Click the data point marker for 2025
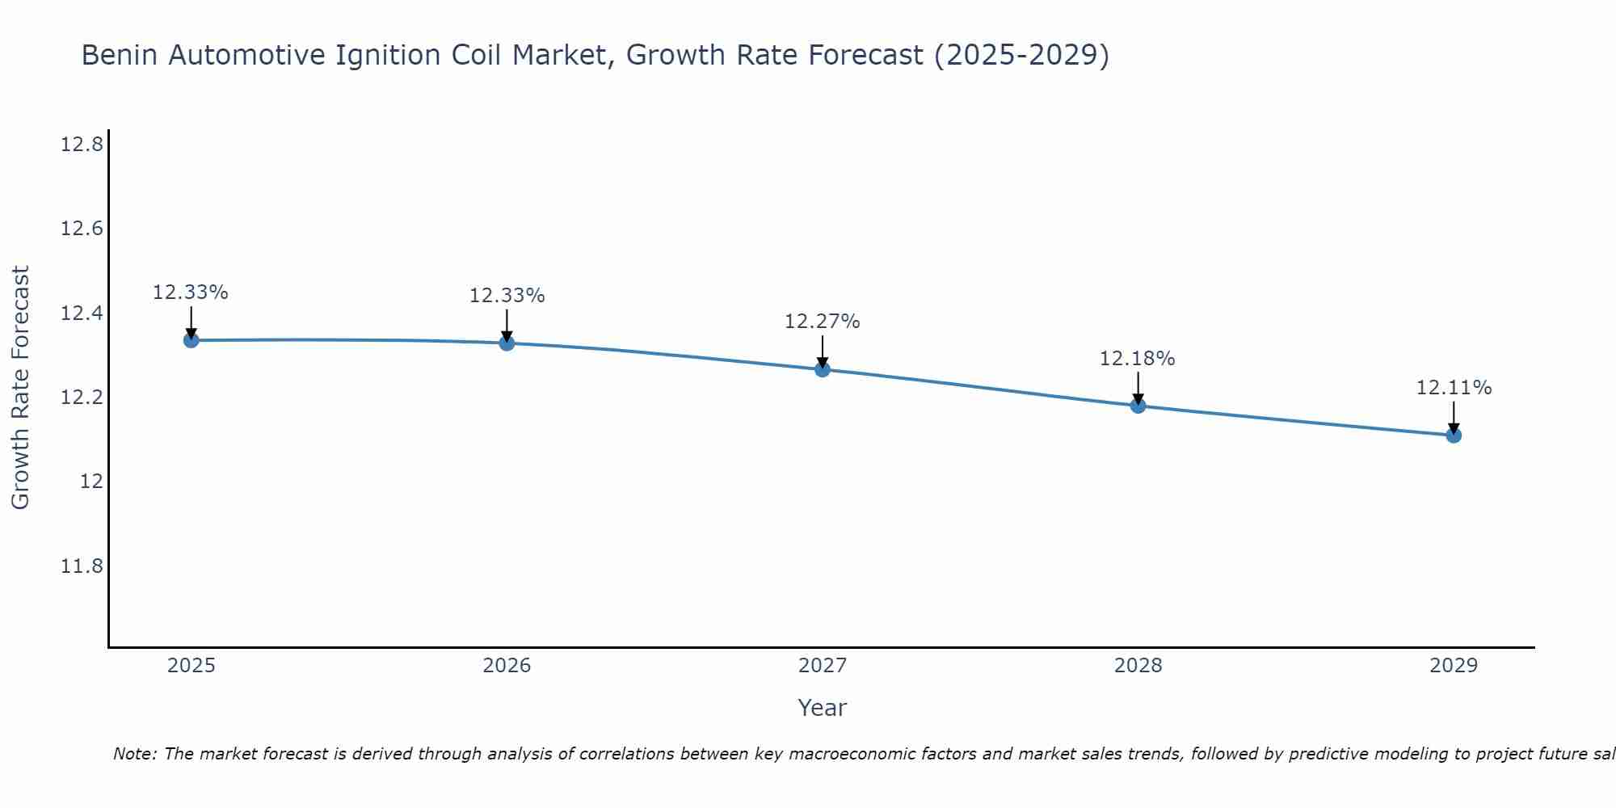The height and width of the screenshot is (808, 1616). (191, 340)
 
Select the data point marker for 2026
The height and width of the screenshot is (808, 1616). (507, 343)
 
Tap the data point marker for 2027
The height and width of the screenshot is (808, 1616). (823, 369)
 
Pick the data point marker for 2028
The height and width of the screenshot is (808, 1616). (1138, 406)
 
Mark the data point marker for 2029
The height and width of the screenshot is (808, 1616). (1454, 436)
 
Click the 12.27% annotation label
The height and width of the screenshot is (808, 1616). (823, 322)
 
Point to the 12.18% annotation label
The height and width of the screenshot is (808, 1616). (1137, 359)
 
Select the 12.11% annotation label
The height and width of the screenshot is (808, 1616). (1454, 388)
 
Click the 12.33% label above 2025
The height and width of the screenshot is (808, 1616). (191, 292)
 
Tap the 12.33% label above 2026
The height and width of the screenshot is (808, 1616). (507, 296)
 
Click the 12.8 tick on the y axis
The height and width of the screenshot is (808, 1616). (82, 145)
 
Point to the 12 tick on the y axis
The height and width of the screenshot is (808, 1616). (91, 482)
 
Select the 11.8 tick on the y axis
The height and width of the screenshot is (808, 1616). (82, 566)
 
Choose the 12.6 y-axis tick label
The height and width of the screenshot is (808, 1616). (82, 229)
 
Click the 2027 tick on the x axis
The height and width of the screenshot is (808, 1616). (823, 666)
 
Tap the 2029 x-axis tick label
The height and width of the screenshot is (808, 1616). (1454, 666)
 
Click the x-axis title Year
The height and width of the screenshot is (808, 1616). (823, 708)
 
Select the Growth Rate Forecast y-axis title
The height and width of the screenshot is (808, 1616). (20, 388)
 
